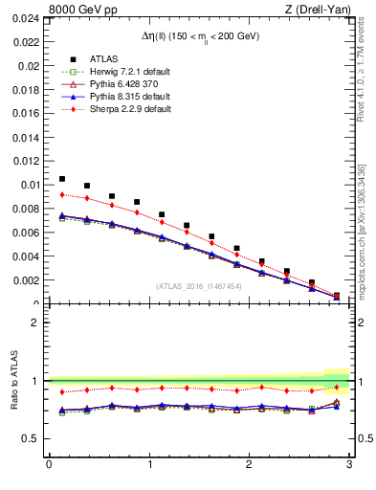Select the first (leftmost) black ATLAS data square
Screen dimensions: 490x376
tap(62, 179)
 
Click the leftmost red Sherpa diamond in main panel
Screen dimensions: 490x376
tap(62, 194)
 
